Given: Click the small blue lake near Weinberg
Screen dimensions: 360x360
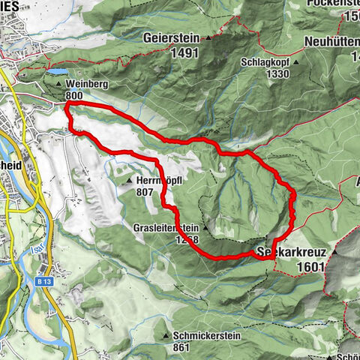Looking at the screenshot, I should point(57,73).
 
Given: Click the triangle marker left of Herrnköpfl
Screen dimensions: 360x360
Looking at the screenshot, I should point(130,181).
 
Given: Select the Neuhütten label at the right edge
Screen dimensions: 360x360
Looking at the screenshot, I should point(332,41).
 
